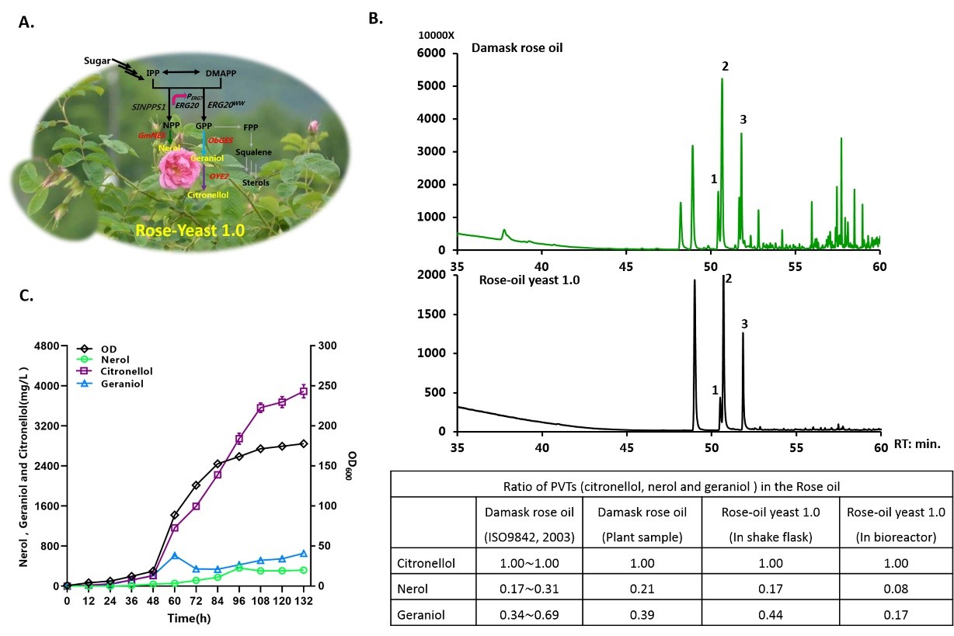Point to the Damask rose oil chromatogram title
click(517, 48)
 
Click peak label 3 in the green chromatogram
click(743, 119)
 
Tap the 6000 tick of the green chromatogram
click(432, 53)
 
